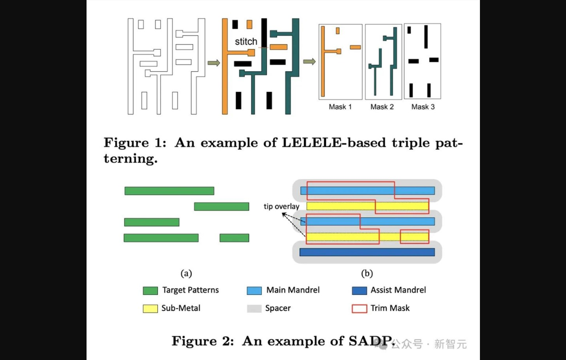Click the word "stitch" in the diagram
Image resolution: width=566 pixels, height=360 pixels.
[x=246, y=42]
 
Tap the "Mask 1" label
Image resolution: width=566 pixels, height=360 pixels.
[x=340, y=107]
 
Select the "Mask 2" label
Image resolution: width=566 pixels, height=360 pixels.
[x=382, y=107]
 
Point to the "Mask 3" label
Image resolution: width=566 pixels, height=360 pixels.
[x=423, y=107]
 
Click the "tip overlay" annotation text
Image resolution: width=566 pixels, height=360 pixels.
[x=282, y=207]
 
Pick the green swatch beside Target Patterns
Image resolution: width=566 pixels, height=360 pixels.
[x=150, y=291]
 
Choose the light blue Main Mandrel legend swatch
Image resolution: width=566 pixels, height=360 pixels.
[x=254, y=291]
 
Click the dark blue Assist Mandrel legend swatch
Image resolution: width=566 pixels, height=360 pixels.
[x=359, y=291]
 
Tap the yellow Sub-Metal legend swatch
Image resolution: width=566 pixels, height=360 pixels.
[x=150, y=308]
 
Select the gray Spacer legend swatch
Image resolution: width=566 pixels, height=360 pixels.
[x=254, y=308]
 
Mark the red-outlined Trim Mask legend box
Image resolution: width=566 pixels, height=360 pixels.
[x=359, y=308]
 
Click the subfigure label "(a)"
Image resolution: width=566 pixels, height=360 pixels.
[x=186, y=274]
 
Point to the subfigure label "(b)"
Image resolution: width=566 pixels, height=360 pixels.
[x=367, y=274]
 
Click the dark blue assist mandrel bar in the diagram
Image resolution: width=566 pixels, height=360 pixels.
[x=367, y=252]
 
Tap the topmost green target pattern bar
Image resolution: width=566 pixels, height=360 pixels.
[x=169, y=191]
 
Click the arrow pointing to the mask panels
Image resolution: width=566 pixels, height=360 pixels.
[x=309, y=62]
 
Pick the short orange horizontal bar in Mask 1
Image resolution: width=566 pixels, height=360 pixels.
[x=355, y=47]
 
